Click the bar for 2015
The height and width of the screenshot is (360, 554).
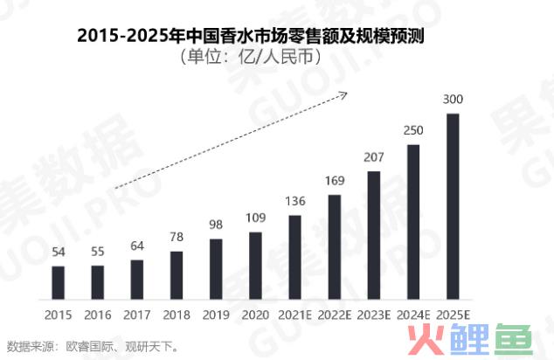pyautogui.click(x=58, y=281)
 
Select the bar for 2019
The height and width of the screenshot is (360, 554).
pyautogui.click(x=216, y=267)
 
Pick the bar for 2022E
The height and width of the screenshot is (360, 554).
pyautogui.click(x=334, y=246)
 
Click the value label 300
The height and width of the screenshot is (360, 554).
pyautogui.click(x=453, y=100)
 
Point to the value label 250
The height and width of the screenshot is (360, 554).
pyautogui.click(x=413, y=130)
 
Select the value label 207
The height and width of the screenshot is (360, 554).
pyautogui.click(x=374, y=157)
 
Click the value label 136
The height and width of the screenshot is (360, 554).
pyautogui.click(x=294, y=202)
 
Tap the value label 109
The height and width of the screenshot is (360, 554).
pyautogui.click(x=255, y=218)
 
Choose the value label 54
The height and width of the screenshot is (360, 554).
pyautogui.click(x=58, y=253)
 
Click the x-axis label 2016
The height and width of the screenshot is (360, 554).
pyautogui.click(x=97, y=313)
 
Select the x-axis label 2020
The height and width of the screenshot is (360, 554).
pyautogui.click(x=255, y=313)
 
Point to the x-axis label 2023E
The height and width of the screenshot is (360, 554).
pyautogui.click(x=374, y=313)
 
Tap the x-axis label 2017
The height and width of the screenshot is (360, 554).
pyautogui.click(x=136, y=313)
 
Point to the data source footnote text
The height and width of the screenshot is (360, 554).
pyautogui.click(x=92, y=345)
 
